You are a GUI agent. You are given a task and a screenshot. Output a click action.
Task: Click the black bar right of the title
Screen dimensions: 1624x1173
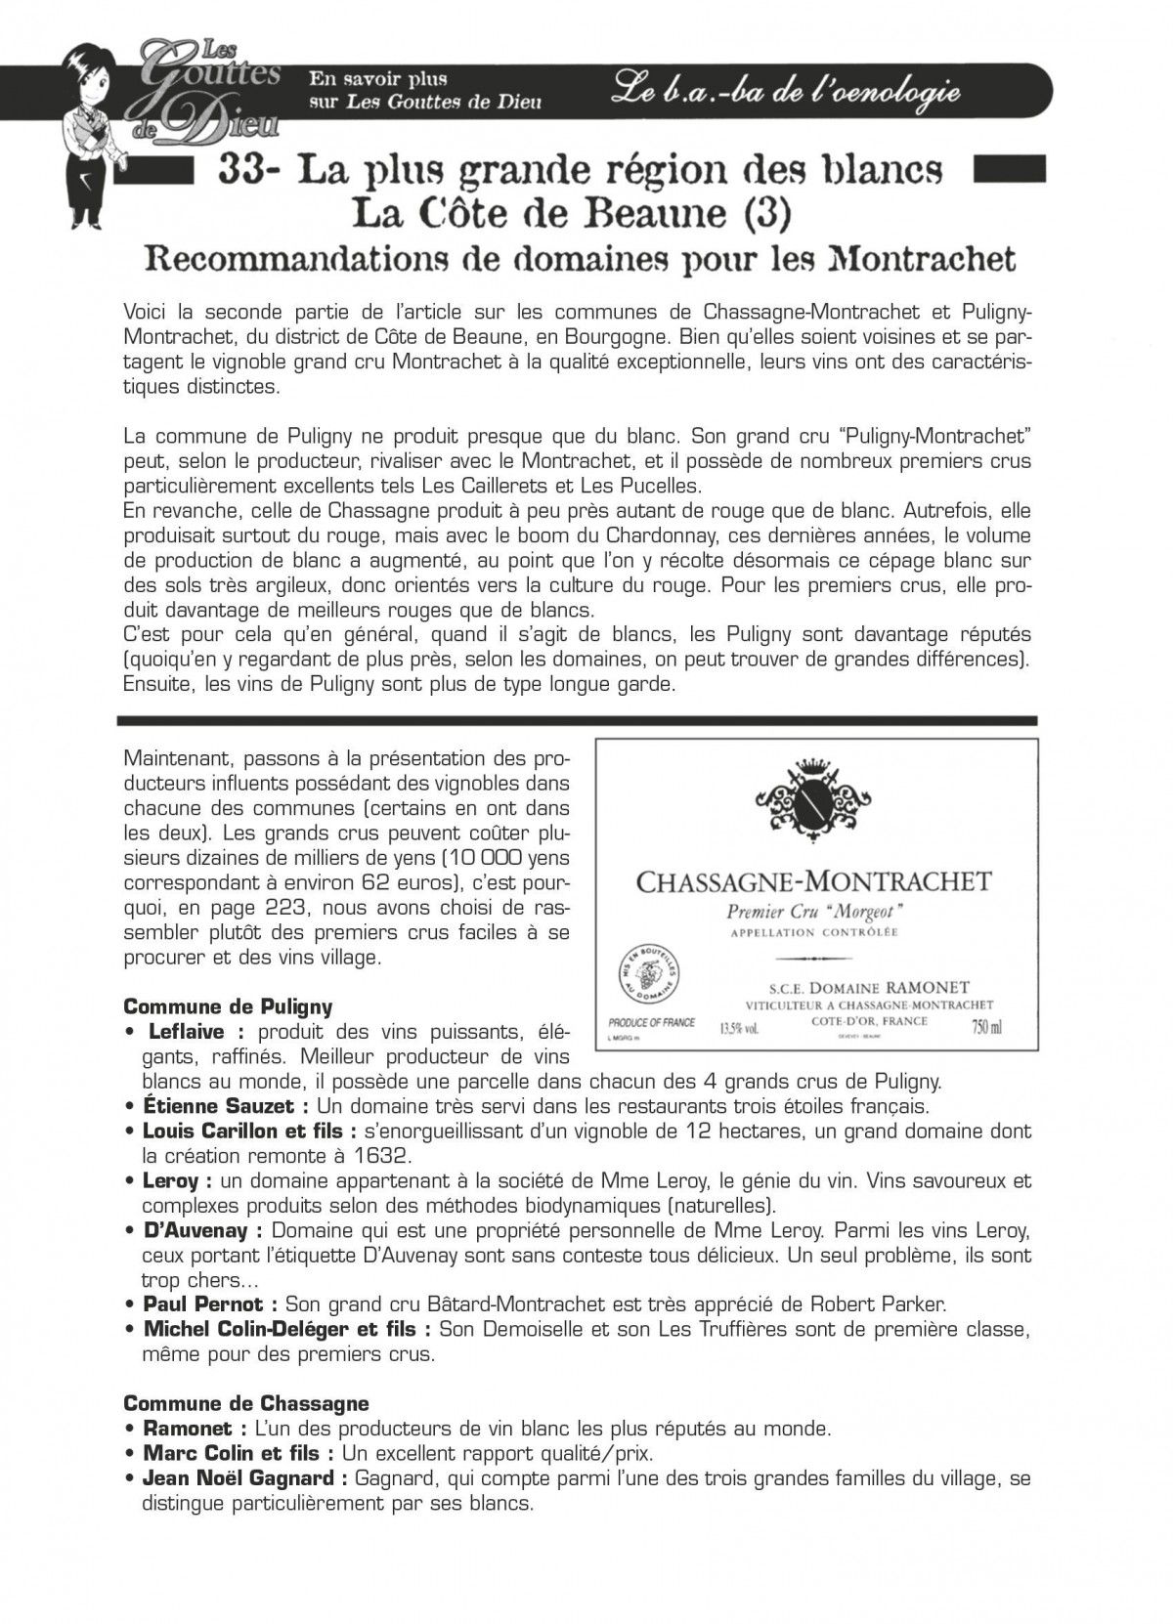(1010, 169)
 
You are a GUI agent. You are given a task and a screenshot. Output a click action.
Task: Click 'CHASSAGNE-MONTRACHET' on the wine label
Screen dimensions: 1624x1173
(813, 882)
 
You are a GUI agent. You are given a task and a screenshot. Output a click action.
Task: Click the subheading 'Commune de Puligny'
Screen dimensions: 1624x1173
(228, 1006)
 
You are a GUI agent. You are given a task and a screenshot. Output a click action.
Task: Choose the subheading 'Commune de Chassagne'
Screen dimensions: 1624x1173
(246, 1403)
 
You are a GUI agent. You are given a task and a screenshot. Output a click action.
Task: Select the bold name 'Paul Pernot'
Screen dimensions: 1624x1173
(202, 1303)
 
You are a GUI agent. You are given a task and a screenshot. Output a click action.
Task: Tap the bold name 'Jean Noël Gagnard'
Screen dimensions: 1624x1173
(239, 1478)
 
